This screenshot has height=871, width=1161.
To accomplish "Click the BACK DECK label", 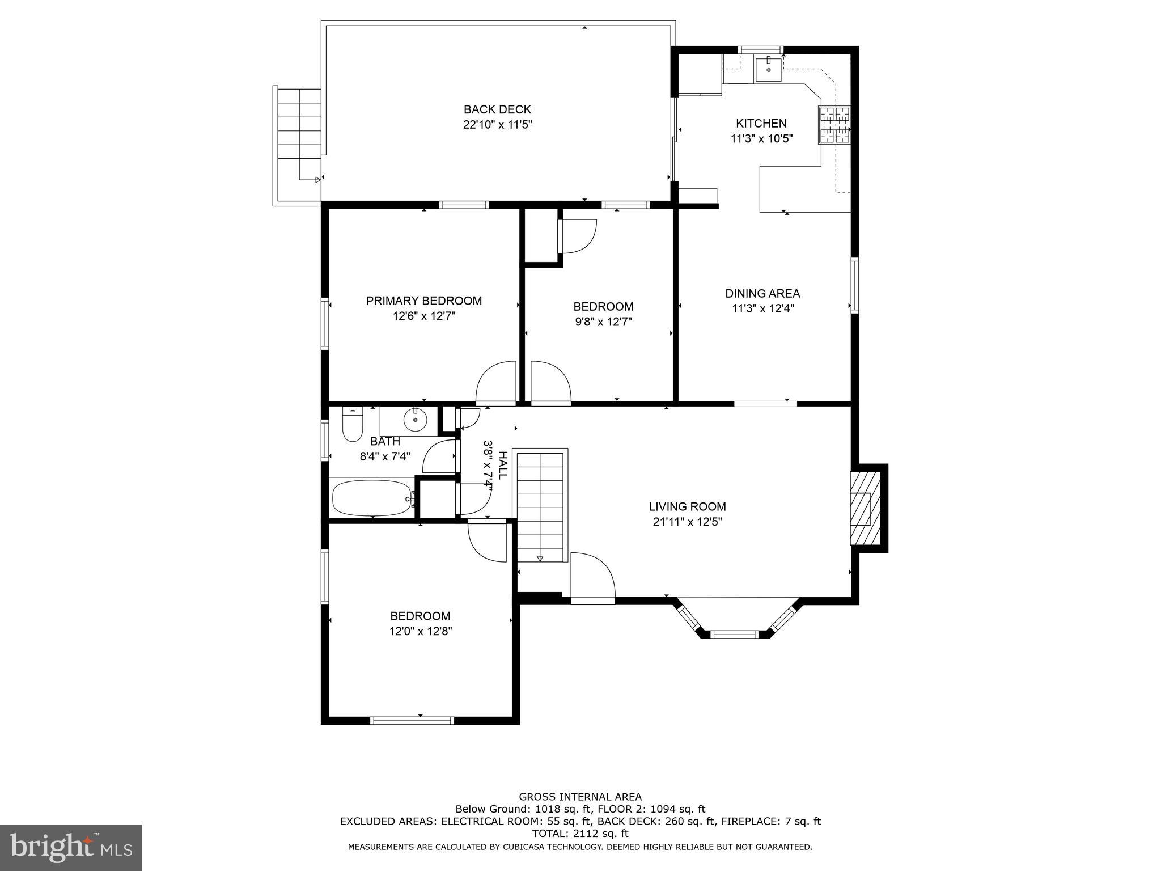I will point(497,109).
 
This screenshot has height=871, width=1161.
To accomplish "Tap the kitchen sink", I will point(768,69).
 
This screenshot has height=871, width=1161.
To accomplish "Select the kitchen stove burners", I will point(834,125).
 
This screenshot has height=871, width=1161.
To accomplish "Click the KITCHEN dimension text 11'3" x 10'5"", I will point(761,138).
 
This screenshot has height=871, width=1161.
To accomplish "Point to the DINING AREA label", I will point(762,294).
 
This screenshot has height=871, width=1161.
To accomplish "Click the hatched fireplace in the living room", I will point(865,508).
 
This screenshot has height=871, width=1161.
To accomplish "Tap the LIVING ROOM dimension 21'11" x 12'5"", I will point(687,522).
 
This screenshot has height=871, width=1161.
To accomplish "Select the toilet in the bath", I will point(352,425).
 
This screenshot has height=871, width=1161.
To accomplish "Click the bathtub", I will point(372,498).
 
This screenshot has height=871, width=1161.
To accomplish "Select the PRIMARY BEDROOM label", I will point(423,301).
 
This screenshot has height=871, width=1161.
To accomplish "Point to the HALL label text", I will point(502,465).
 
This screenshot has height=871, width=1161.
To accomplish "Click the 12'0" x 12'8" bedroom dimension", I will point(421,631).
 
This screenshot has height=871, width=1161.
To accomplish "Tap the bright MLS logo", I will point(70,848).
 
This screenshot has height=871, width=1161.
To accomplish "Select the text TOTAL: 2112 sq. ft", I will point(580,834).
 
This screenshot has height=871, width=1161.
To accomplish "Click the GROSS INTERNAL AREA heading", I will point(580,797).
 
